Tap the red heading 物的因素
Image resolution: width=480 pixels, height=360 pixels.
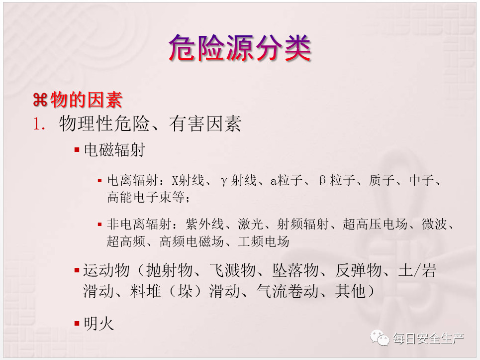point(87,100)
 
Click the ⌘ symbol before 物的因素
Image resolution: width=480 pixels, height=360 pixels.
point(40,100)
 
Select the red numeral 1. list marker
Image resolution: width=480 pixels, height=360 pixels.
point(39,124)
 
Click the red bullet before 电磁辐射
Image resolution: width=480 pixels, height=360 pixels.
point(77,150)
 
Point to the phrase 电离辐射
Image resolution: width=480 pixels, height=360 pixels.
point(132,180)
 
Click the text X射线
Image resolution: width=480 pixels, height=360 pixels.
point(188,180)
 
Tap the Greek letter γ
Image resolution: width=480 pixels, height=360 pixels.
point(224,181)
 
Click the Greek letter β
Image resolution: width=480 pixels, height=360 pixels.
point(322,180)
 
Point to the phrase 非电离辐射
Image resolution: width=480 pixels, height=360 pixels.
point(139,224)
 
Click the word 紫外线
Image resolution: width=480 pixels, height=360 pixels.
point(204,224)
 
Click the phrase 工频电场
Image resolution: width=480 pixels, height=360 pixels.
point(264,241)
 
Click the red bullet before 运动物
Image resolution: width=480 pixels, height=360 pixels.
point(77,270)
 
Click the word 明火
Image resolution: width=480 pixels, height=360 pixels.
point(98,324)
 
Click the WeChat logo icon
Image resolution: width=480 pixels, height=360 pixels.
point(380,338)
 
